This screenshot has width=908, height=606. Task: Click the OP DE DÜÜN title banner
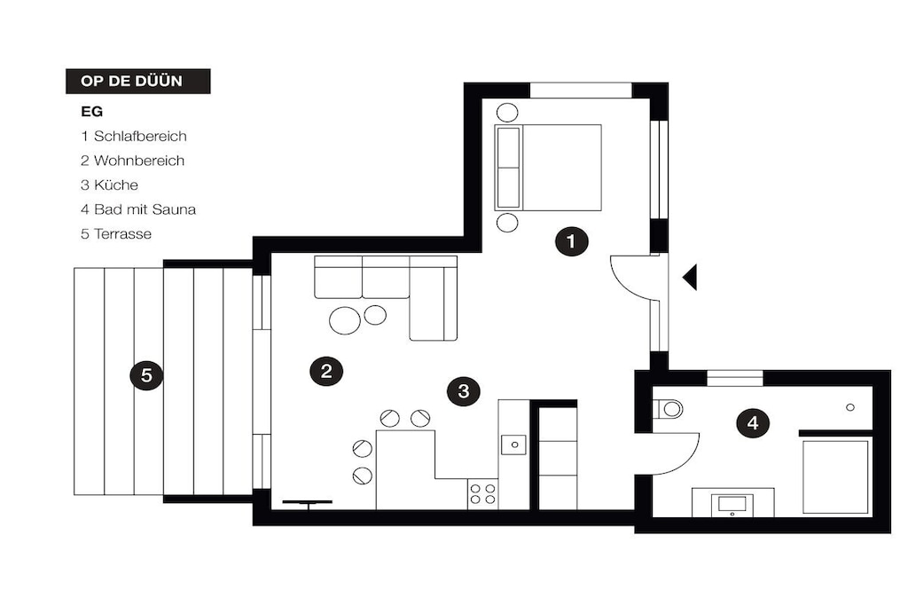(137, 81)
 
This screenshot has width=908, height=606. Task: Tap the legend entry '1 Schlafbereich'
(134, 136)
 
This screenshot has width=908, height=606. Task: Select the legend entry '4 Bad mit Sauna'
(138, 209)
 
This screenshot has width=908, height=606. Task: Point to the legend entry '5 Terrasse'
(116, 233)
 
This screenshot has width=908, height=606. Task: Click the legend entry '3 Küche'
(109, 185)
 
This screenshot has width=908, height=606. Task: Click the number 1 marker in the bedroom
(572, 241)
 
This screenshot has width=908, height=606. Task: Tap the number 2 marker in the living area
(326, 371)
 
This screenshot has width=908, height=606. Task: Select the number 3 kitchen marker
(463, 391)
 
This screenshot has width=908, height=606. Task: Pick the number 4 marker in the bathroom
(752, 423)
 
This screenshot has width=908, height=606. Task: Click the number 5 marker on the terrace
(146, 374)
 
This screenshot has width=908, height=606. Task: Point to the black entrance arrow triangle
(690, 277)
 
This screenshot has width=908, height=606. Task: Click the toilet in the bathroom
(669, 408)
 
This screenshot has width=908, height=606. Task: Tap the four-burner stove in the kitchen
(482, 493)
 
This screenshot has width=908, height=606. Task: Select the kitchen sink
(513, 445)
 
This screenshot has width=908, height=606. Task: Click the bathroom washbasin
(732, 503)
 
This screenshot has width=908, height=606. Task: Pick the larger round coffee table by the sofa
(345, 319)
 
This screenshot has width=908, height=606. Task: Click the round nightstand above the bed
(508, 112)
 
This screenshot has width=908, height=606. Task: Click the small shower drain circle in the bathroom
(850, 407)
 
